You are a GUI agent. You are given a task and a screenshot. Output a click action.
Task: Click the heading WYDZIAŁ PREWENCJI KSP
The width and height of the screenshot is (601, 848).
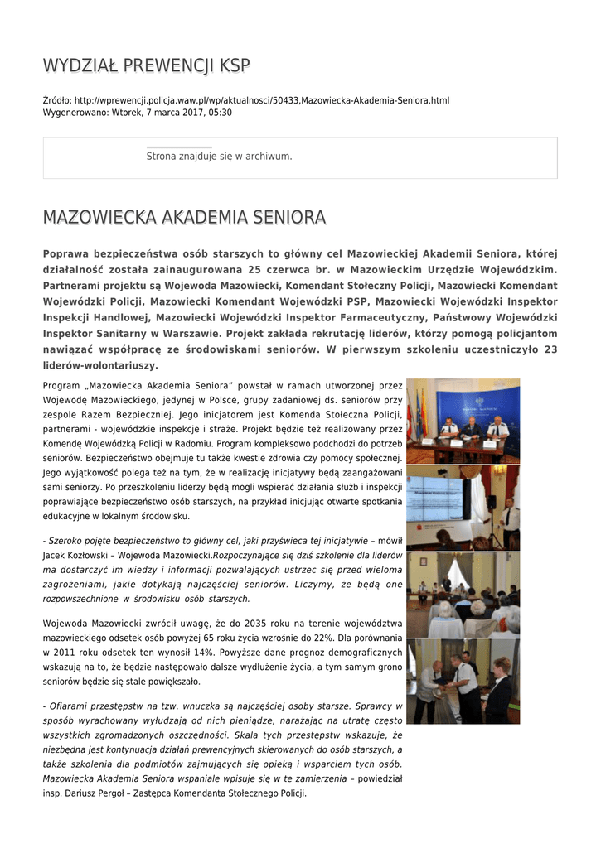tap(146, 65)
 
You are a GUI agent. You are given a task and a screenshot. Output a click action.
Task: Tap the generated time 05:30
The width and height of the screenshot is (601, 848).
tap(221, 112)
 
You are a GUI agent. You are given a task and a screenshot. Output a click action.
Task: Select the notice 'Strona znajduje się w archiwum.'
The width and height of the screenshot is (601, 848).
tap(219, 156)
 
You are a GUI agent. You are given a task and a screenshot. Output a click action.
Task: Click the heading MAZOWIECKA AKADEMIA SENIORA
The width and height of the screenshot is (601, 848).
tap(183, 218)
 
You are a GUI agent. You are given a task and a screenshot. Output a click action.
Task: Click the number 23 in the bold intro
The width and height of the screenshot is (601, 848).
tap(550, 349)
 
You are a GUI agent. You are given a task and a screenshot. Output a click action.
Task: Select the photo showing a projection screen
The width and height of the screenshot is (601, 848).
tap(463, 507)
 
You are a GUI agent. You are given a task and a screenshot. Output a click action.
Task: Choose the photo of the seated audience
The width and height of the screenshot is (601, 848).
tap(463, 594)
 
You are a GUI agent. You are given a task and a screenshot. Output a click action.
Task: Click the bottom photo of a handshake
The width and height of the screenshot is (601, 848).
tap(463, 681)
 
